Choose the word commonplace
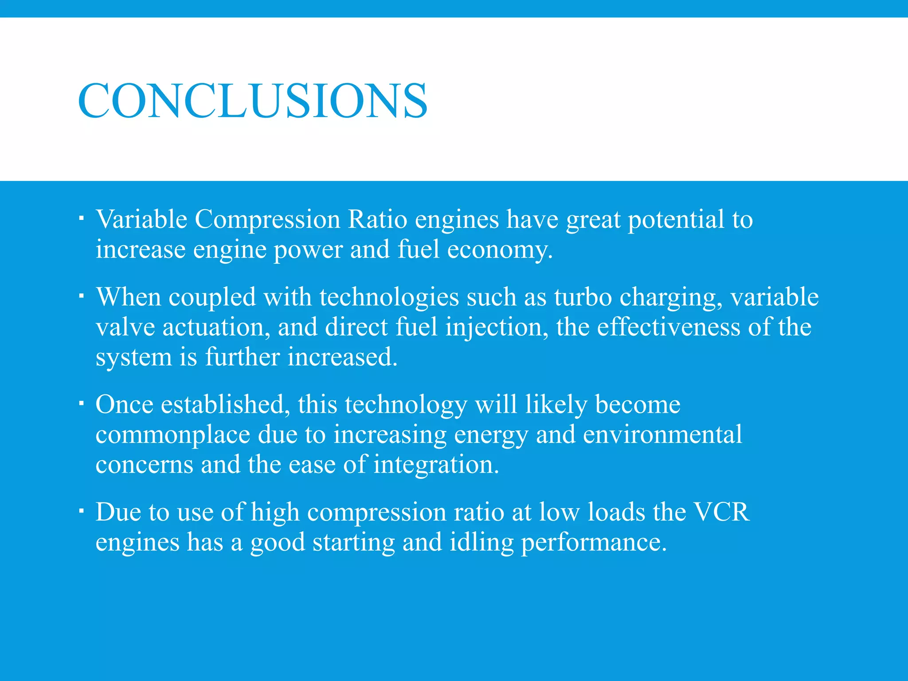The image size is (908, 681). (173, 435)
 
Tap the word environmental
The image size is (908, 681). (662, 434)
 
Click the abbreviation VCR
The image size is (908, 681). (721, 512)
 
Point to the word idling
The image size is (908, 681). (481, 542)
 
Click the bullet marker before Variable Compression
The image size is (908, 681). (81, 218)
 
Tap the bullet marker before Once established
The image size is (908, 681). (81, 403)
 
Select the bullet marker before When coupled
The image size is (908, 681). (81, 295)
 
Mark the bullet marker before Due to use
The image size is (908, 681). (81, 511)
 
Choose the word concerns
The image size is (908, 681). (144, 466)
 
